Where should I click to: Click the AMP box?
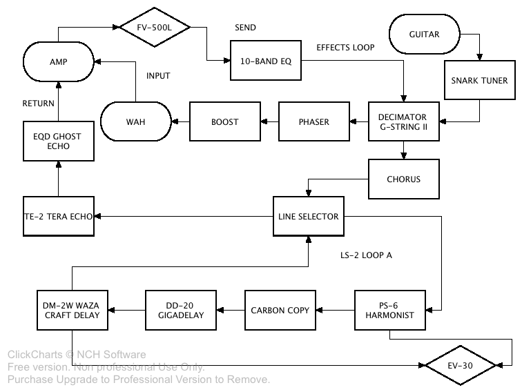pos(57,61)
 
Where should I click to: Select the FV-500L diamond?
pos(154,28)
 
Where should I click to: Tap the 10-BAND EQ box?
pos(264,61)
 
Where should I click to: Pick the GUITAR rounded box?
pos(424,34)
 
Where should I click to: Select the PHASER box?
pos(313,122)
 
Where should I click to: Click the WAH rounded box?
pos(136,122)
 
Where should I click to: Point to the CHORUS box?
pos(403,179)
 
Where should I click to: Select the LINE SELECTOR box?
pos(308,216)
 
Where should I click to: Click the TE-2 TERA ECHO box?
pos(58,216)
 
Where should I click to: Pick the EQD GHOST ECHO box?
pos(57,141)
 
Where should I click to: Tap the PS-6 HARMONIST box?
pos(389,311)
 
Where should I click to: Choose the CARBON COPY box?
pos(280,311)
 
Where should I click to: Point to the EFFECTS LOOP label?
pos(345,48)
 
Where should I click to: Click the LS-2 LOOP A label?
pos(366,255)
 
